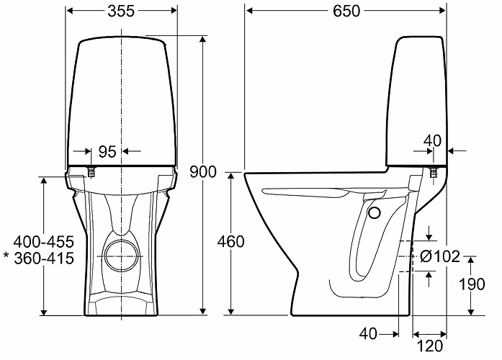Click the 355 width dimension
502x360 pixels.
click(121, 12)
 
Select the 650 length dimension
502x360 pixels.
click(346, 12)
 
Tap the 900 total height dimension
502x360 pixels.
click(203, 172)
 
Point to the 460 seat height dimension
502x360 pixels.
click(230, 242)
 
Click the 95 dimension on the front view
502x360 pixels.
click(107, 152)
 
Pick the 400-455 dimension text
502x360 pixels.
click(44, 242)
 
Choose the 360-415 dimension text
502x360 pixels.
click(44, 258)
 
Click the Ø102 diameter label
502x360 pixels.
click(439, 256)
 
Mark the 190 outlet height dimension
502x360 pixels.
click(472, 284)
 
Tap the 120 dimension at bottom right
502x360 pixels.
click(430, 346)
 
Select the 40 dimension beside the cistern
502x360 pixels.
click(432, 141)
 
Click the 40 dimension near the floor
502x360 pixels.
click(368, 334)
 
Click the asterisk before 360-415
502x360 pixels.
click(6, 256)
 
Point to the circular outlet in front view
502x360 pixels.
click(121, 256)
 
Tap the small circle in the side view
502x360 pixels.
click(374, 213)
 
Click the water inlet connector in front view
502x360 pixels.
click(92, 172)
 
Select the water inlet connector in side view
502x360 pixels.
click(434, 172)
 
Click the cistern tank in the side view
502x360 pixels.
click(417, 102)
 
